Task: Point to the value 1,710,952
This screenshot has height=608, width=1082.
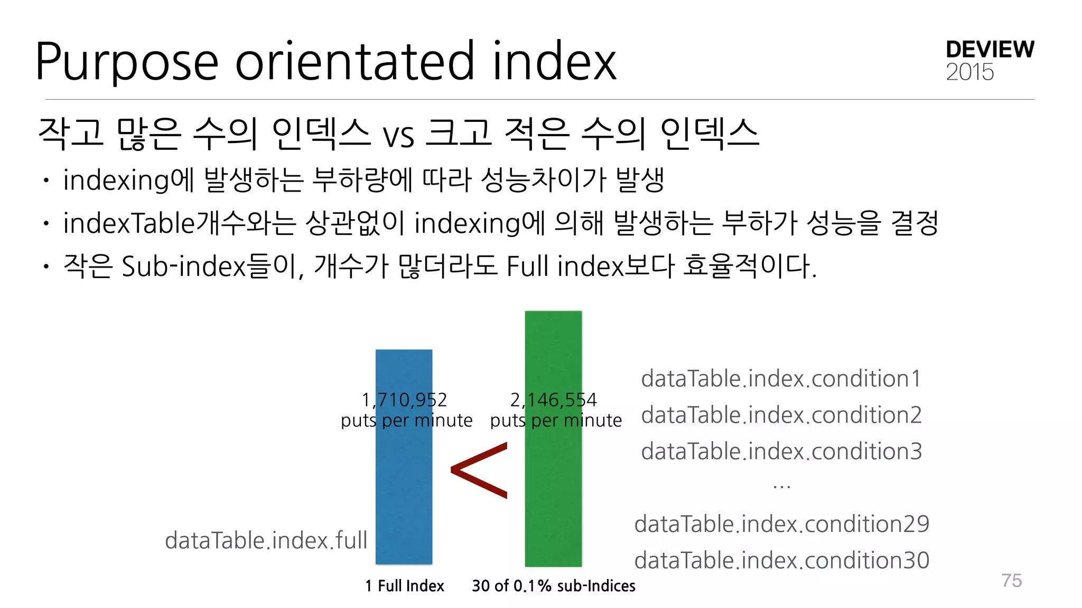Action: click(404, 400)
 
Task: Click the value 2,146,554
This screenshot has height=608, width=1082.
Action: click(553, 400)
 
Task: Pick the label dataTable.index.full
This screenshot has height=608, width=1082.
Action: click(266, 540)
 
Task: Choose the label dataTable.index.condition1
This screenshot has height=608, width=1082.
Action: click(781, 379)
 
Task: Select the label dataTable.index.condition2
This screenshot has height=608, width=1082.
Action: click(781, 415)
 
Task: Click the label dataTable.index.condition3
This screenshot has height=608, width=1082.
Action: click(781, 452)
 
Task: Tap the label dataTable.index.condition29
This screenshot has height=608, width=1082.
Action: click(781, 524)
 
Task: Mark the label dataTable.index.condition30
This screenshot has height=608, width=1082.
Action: click(781, 560)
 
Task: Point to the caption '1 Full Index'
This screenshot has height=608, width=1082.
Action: click(404, 586)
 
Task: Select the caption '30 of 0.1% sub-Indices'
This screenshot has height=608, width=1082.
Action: click(553, 586)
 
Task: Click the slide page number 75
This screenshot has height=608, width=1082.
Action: click(1011, 581)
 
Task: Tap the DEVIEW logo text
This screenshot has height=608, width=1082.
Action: click(990, 50)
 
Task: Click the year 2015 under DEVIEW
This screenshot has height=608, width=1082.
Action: click(969, 72)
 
